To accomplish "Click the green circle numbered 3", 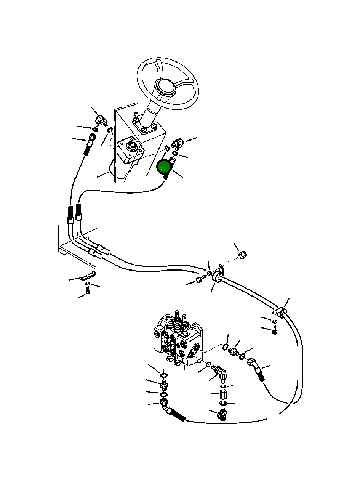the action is pyautogui.click(x=163, y=168).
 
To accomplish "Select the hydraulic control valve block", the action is pyautogui.click(x=177, y=337).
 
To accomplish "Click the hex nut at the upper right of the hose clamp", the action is pyautogui.click(x=242, y=255).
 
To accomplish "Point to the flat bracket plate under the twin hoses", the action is pyautogui.click(x=87, y=277).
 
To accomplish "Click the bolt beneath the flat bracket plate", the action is pyautogui.click(x=88, y=291).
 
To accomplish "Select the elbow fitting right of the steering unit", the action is pyautogui.click(x=178, y=144).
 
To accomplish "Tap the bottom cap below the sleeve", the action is pyautogui.click(x=223, y=414).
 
